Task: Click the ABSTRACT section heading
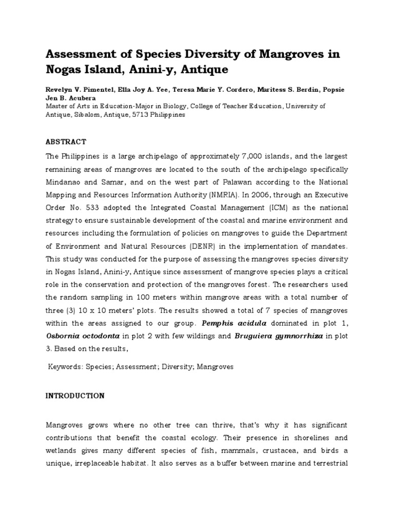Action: [66, 142]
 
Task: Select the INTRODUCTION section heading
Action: [75, 396]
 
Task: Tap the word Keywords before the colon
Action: [65, 367]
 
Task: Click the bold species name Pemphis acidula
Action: [229, 324]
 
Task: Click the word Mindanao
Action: [65, 182]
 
